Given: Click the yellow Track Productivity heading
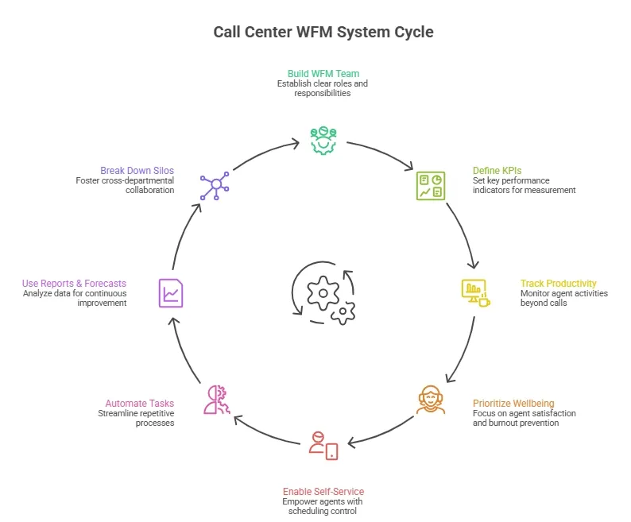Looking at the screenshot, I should (x=558, y=283).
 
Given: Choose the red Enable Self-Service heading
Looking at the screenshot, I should (x=323, y=491).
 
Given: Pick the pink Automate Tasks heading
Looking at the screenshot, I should (x=140, y=403).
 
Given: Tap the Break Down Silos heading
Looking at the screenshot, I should (x=137, y=170).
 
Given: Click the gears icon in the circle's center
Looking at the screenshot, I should (x=323, y=294).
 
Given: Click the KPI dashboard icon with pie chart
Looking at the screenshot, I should (x=432, y=185).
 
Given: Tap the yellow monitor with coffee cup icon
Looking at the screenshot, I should (x=475, y=292).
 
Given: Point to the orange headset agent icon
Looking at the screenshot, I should (x=430, y=400).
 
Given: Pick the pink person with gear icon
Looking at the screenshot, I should (x=216, y=400).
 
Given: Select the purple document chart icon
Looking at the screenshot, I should (x=171, y=292).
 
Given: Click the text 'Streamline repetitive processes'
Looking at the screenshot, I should (x=136, y=418).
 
